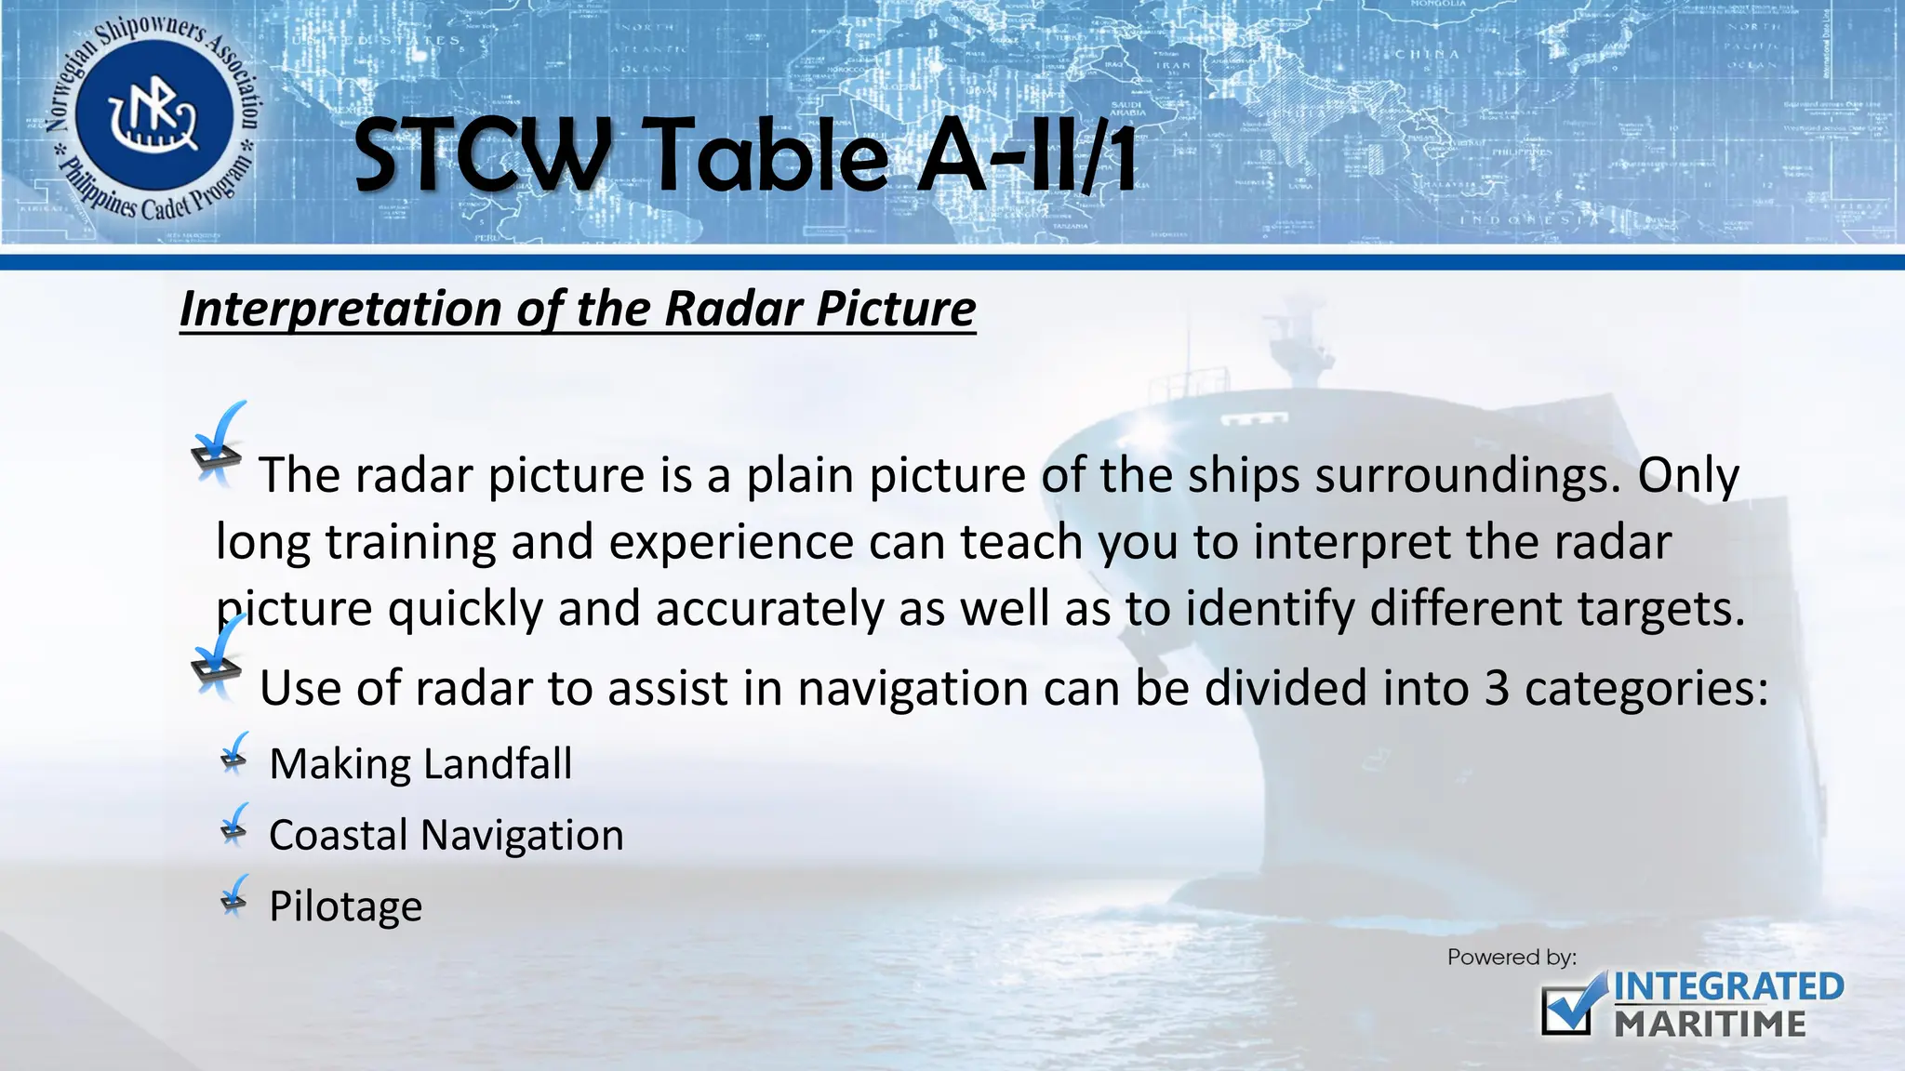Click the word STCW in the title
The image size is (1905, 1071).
(x=482, y=156)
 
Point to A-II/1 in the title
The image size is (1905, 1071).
(x=1028, y=156)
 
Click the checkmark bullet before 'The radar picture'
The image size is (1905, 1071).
(x=220, y=446)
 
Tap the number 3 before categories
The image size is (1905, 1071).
(x=1496, y=689)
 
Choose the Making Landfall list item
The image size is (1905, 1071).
(x=420, y=764)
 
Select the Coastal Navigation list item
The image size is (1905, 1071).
(x=446, y=835)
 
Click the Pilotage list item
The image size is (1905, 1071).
(x=345, y=906)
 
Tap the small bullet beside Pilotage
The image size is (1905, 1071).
(x=235, y=896)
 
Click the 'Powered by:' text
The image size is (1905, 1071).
(x=1512, y=958)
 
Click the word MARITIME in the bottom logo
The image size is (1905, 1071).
(x=1710, y=1025)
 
